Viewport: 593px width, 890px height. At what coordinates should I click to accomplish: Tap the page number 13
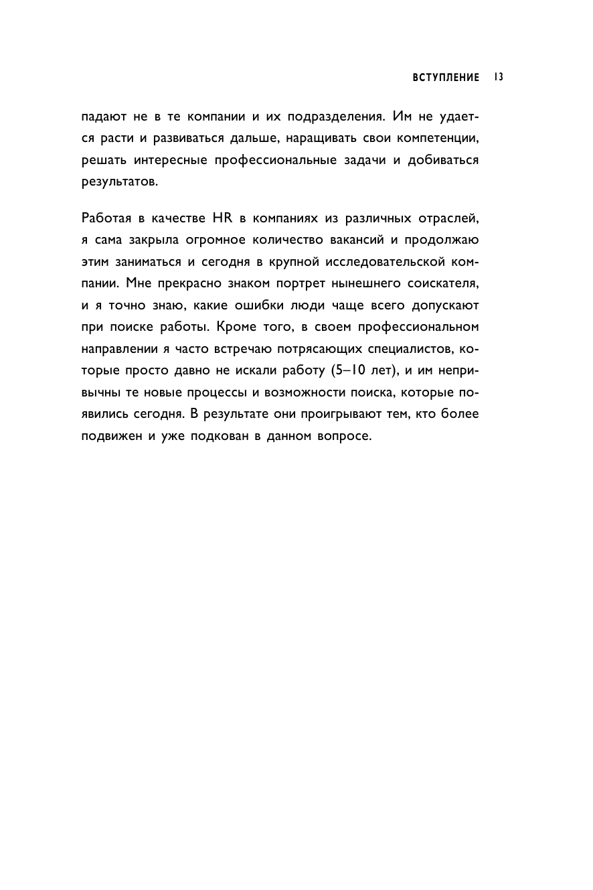click(499, 78)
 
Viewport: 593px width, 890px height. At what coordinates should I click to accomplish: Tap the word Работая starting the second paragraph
click(107, 218)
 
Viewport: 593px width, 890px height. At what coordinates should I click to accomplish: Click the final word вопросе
click(342, 437)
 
